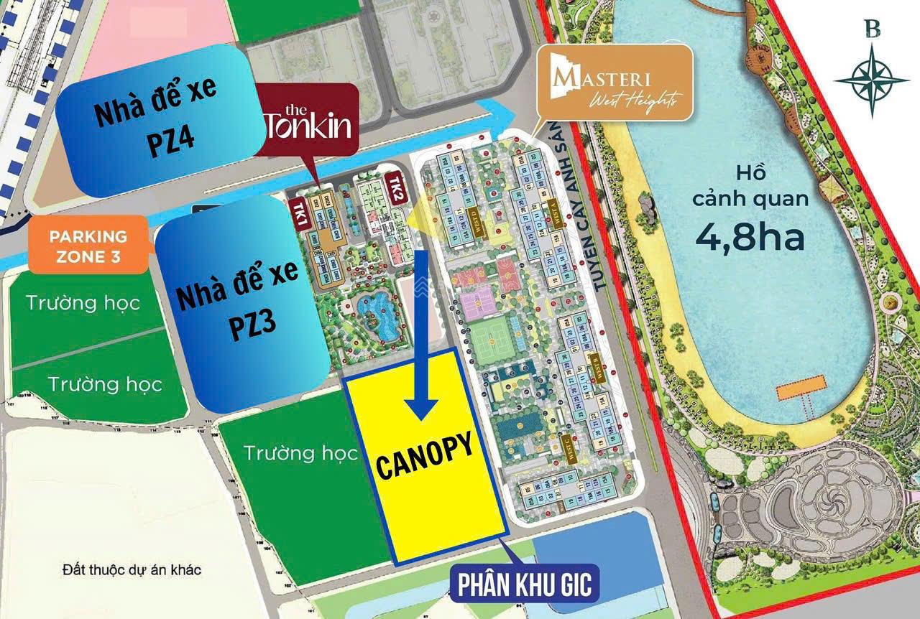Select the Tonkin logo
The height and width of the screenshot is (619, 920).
point(308,121)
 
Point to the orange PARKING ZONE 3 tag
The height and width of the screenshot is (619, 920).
point(88,246)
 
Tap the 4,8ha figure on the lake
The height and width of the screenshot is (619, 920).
point(750,237)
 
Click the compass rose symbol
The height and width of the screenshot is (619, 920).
point(872,80)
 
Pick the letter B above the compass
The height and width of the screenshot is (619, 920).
point(873,29)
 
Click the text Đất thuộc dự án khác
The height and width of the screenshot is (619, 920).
point(132,570)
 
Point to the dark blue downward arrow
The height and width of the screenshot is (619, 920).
point(422,338)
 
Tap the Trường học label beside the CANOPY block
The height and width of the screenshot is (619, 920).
point(300,453)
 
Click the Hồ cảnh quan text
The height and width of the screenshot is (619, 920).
point(750,185)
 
